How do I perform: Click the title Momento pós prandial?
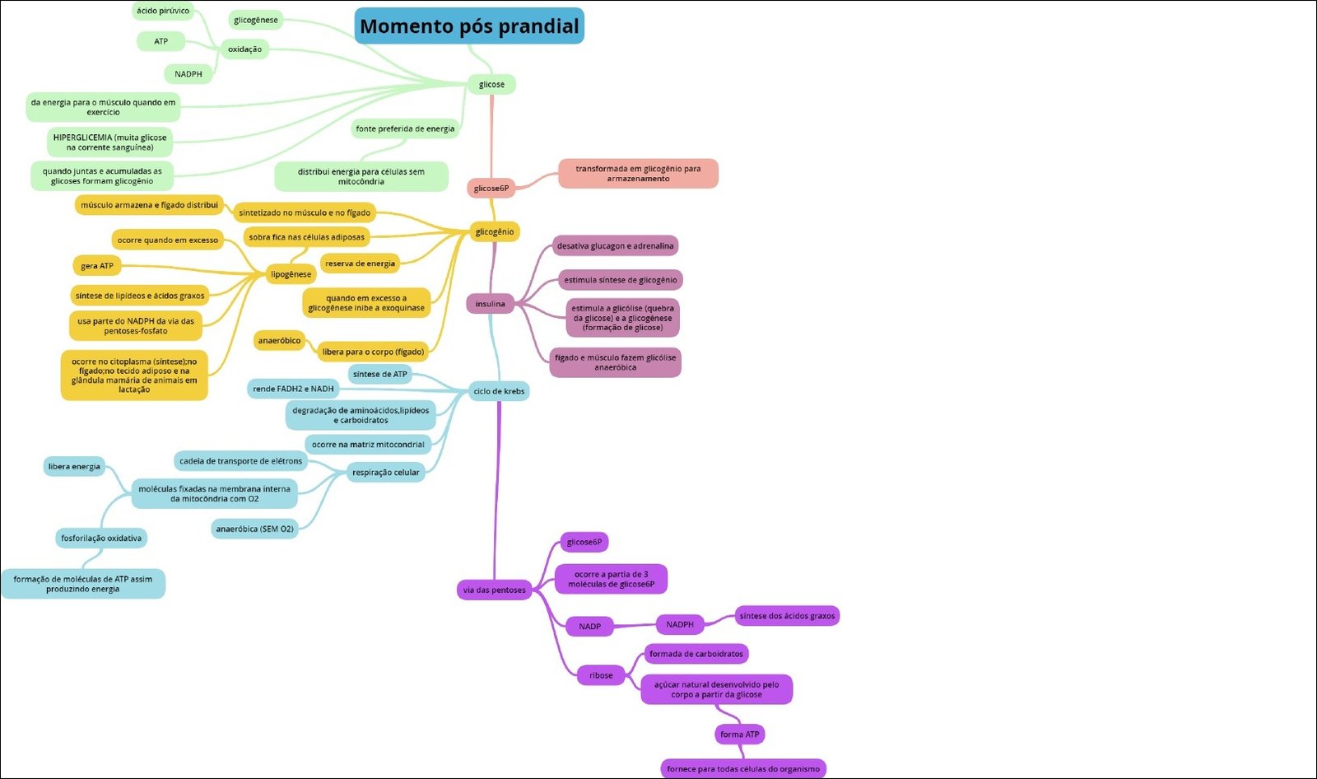coord(469,26)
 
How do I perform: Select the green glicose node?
coord(491,84)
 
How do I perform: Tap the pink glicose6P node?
coord(491,189)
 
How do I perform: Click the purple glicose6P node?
coord(584,542)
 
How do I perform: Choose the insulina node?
coord(490,304)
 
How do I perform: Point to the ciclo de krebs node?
coord(499,391)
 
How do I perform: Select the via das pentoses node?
coord(494,590)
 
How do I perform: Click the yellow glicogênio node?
coord(495,231)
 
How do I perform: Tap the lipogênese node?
coord(291,274)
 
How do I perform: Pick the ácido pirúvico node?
coord(163,11)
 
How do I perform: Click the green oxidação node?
coord(244,49)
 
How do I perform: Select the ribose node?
coord(601,675)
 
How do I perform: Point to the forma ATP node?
coord(740,734)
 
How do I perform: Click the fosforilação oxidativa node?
coord(101,538)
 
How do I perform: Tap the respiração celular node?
coord(385,472)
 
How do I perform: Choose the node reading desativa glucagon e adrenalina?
coord(615,245)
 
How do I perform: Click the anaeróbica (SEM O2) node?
coord(254,529)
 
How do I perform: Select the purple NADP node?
coord(589,627)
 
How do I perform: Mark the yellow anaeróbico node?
coord(279,340)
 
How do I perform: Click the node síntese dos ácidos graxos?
coord(787,615)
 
